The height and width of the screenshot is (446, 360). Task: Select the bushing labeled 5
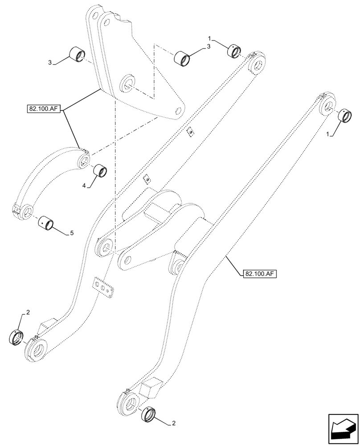click(x=46, y=222)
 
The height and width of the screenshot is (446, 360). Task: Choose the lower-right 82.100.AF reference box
click(x=260, y=274)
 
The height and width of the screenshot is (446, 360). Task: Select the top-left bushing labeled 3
click(x=77, y=56)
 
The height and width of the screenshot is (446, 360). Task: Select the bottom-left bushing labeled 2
click(x=16, y=337)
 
